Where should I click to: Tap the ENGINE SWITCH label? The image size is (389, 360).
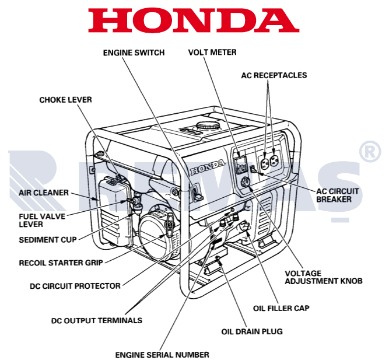(x=134, y=53)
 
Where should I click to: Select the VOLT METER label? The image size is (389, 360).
(x=212, y=53)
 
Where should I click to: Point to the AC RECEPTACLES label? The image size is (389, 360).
(x=274, y=75)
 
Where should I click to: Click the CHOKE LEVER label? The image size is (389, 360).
(x=65, y=100)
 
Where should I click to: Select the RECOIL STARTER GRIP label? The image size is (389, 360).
(x=61, y=263)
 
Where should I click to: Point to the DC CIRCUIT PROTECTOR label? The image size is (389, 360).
(x=75, y=286)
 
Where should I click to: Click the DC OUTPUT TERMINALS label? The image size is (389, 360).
(x=97, y=320)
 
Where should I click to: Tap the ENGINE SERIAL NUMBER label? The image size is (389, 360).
(x=162, y=354)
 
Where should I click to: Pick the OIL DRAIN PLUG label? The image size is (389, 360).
(x=252, y=331)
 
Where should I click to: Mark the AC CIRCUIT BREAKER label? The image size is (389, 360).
(x=338, y=195)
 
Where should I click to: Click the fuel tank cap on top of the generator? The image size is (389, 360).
(x=208, y=125)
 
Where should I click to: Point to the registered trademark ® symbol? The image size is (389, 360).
(x=370, y=151)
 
